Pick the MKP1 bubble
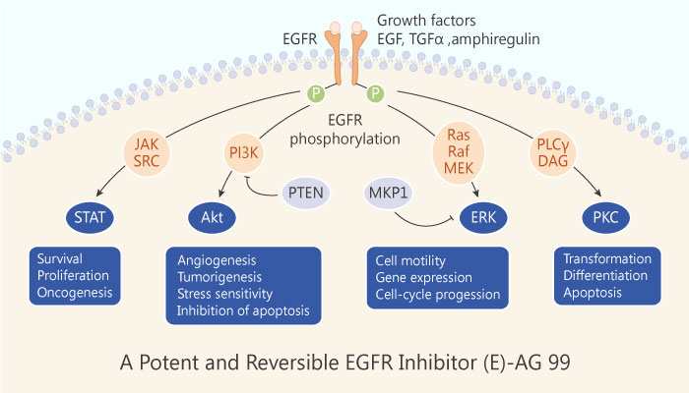pos(391,187)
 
